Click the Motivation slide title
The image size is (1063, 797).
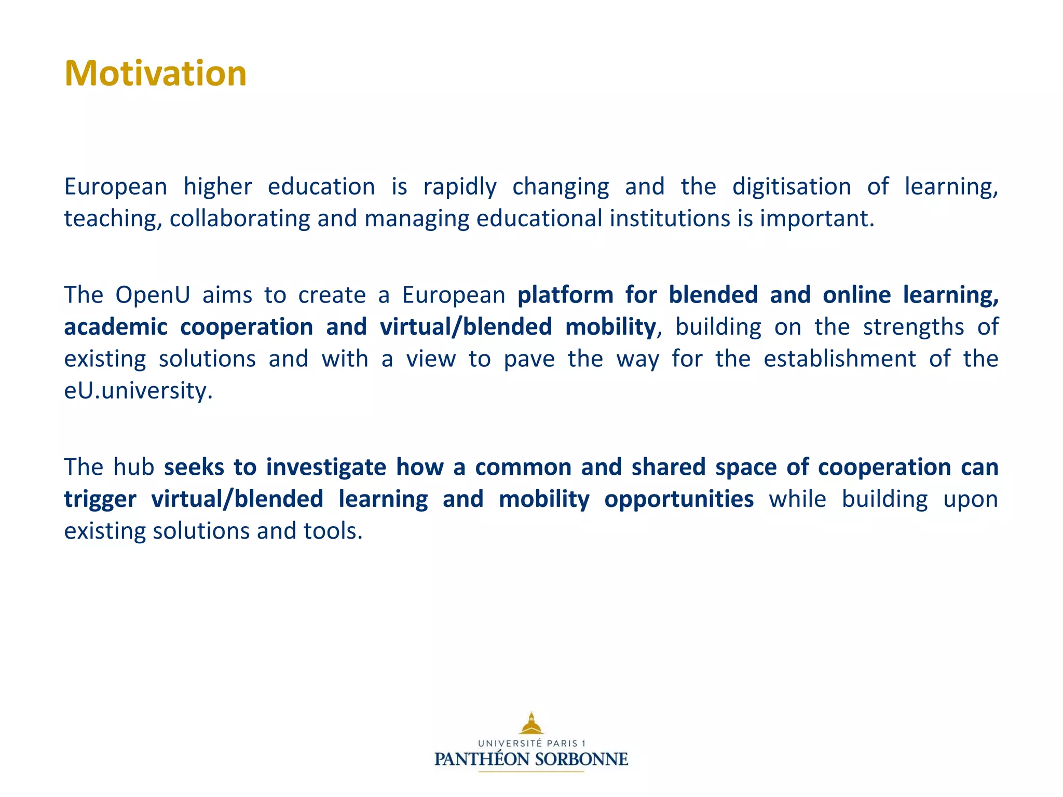155,73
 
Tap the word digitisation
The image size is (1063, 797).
792,187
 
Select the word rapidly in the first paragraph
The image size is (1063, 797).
460,187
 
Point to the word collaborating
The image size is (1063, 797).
240,218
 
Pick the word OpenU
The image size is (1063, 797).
153,295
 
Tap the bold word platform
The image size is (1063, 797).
565,295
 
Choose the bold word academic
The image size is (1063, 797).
116,327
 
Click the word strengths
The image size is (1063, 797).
914,327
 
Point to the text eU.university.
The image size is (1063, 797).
138,391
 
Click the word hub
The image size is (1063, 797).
134,467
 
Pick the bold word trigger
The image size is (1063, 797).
100,499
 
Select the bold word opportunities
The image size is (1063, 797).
679,499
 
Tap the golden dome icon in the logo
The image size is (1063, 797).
531,723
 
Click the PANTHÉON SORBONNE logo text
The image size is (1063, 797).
531,759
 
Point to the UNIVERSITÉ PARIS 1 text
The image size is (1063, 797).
531,743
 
